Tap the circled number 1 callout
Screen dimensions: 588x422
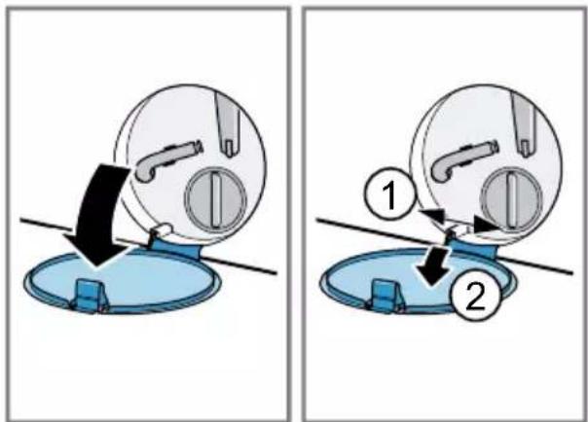coord(390,193)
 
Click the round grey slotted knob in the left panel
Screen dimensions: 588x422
coord(215,199)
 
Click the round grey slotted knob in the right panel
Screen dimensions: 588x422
coord(512,199)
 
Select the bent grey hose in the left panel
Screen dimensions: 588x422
coord(165,160)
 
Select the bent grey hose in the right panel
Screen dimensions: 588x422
coord(462,160)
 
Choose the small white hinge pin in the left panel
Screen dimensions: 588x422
coord(163,229)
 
